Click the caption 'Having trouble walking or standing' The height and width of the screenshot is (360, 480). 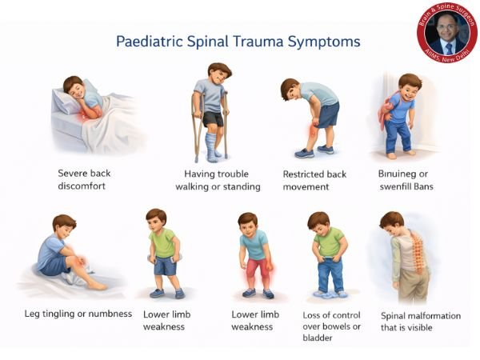tap(217, 180)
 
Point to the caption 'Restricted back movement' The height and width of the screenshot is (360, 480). tap(317, 180)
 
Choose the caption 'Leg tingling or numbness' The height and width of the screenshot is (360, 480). tap(78, 313)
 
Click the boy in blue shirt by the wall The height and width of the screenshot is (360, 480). tap(400, 116)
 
